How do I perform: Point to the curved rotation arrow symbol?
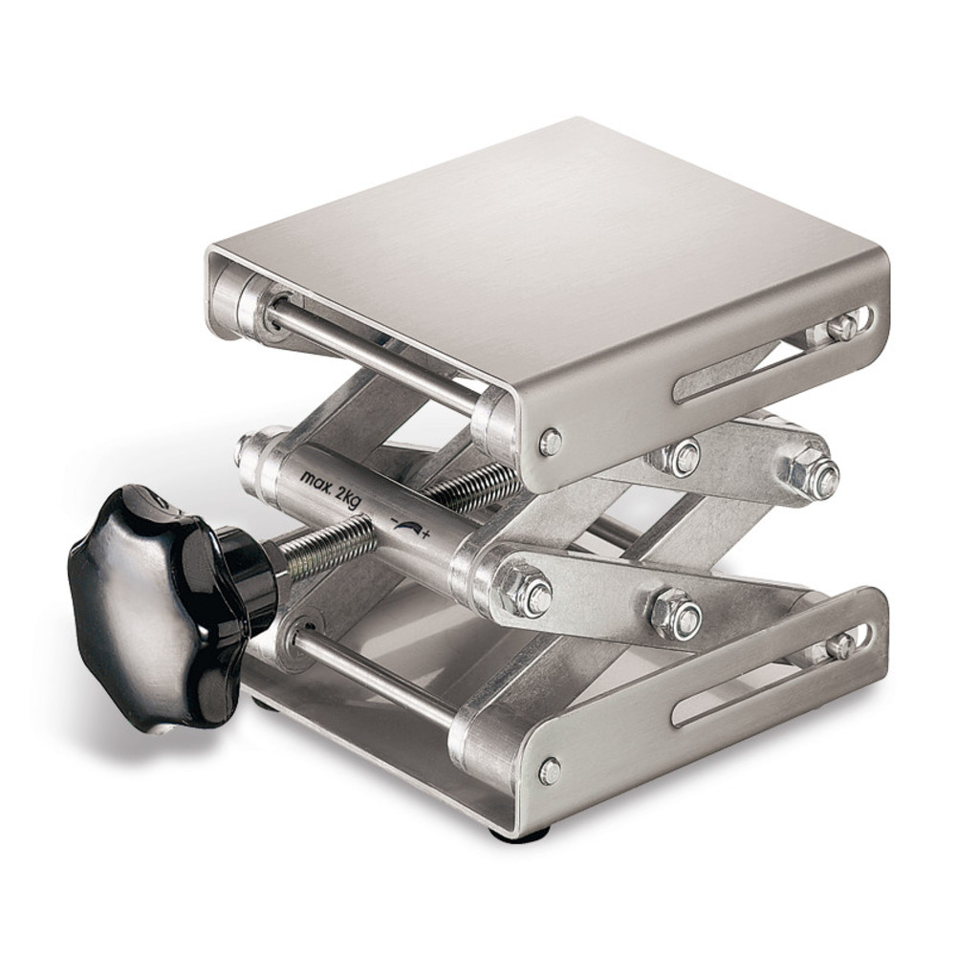tap(404, 530)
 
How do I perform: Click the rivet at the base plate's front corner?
tap(550, 771)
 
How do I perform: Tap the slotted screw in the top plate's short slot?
tap(839, 328)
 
